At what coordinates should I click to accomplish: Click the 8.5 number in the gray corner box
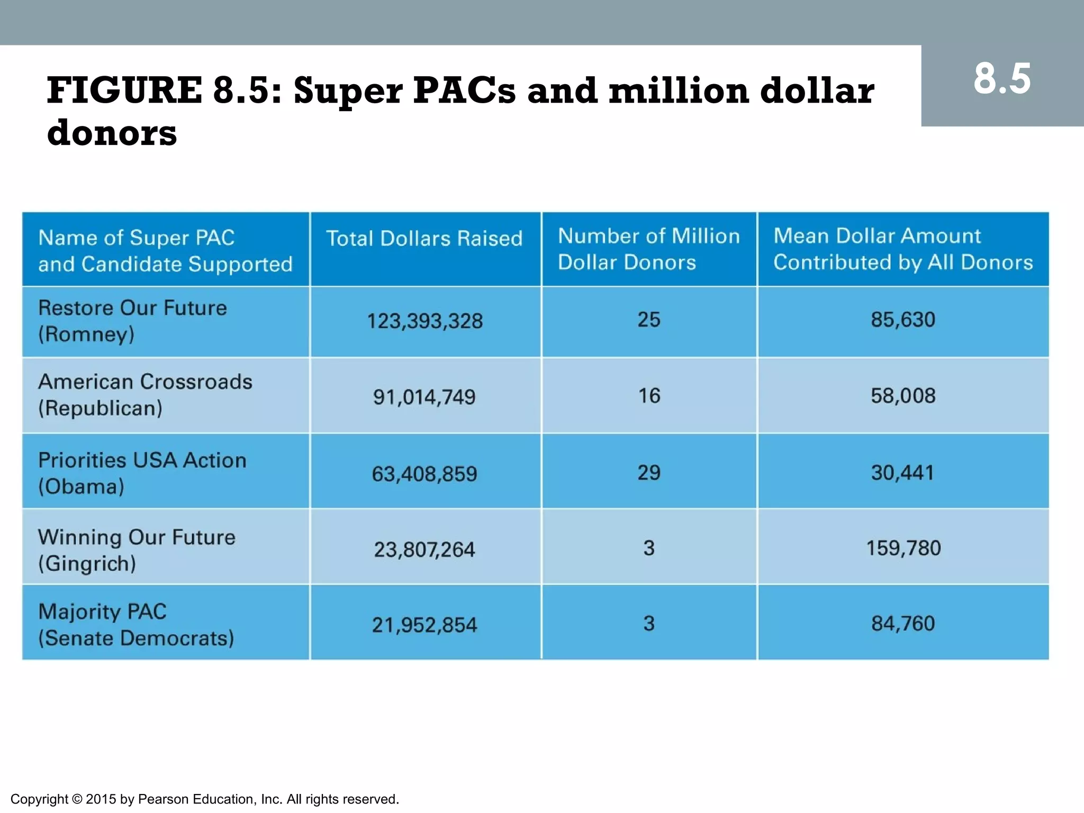click(x=1002, y=79)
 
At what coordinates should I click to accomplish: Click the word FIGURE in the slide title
click(x=124, y=90)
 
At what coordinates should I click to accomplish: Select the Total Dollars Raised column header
click(x=424, y=239)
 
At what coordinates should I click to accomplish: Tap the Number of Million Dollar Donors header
click(x=648, y=249)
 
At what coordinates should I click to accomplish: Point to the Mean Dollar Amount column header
click(x=902, y=249)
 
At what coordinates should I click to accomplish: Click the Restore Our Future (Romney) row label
click(x=132, y=321)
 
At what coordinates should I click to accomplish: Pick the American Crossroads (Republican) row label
click(x=145, y=395)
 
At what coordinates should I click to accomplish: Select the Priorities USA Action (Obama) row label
click(x=142, y=473)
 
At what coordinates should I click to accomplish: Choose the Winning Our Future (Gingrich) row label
click(x=137, y=550)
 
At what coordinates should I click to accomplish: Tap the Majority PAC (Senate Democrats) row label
click(x=135, y=625)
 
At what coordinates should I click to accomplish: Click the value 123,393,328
click(x=424, y=321)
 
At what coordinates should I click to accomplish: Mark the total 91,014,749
click(x=424, y=397)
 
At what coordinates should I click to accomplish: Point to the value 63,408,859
click(x=424, y=474)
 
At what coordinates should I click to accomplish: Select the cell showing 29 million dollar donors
click(x=648, y=473)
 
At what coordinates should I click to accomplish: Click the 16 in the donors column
click(x=649, y=396)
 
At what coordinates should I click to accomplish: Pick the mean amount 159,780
click(x=903, y=548)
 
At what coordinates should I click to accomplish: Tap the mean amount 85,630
click(x=903, y=320)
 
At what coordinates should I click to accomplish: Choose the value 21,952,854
click(x=424, y=625)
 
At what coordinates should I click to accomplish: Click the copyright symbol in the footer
click(x=77, y=799)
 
